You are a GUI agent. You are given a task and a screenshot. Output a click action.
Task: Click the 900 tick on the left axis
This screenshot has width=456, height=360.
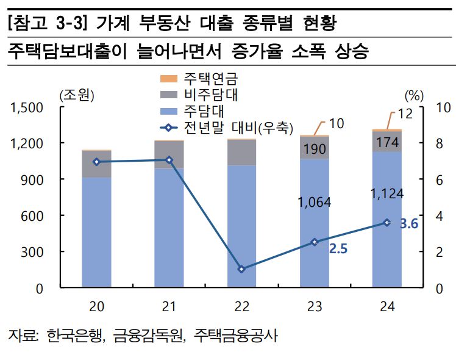36,179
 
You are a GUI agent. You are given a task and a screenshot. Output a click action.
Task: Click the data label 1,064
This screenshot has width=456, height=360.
314,202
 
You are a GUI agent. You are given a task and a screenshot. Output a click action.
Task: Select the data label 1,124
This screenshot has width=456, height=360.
387,194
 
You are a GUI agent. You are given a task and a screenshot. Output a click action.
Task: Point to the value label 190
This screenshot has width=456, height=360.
315,149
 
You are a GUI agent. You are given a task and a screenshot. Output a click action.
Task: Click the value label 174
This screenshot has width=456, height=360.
387,143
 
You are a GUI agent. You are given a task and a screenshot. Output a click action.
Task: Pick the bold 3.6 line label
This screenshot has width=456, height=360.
408,224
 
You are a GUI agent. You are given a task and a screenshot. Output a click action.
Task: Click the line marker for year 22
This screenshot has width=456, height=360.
241,269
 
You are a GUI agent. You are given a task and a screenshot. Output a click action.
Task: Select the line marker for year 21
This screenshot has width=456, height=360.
169,160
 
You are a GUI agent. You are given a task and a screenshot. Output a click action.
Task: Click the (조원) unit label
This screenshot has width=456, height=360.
77,95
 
